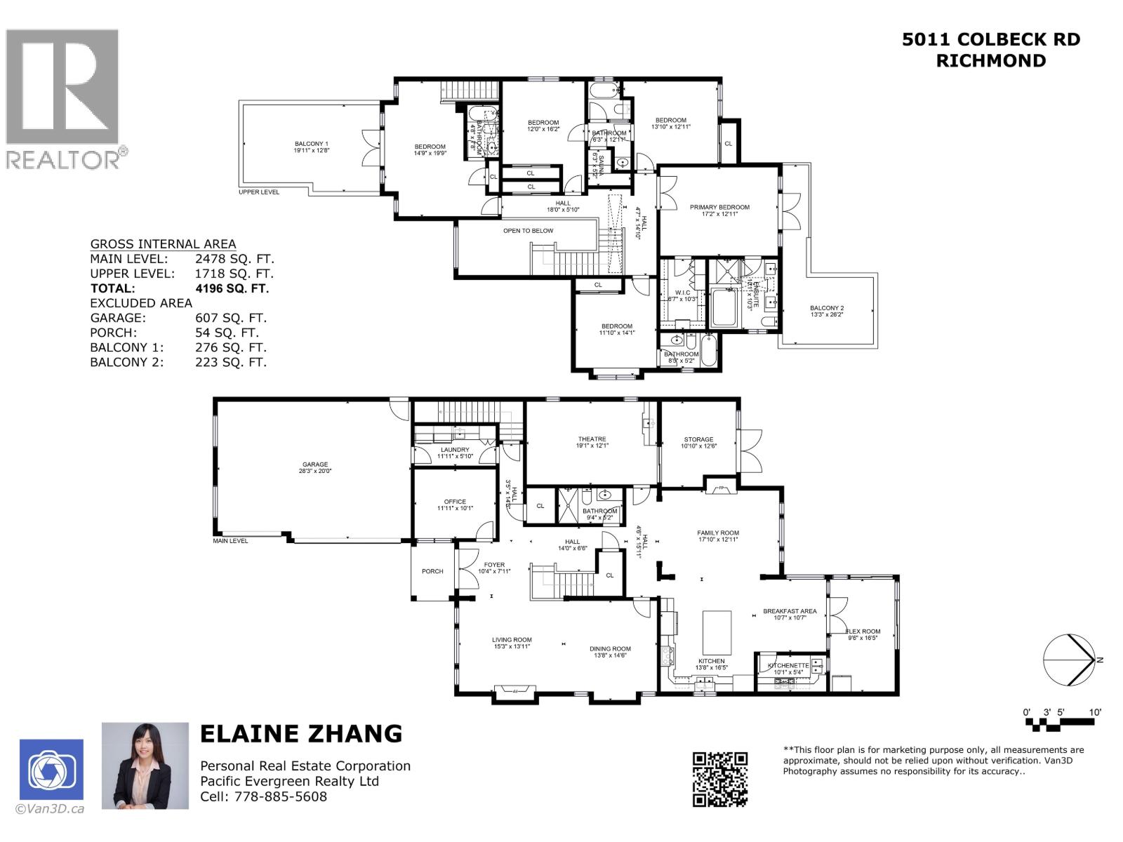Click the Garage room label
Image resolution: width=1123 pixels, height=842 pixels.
click(315, 465)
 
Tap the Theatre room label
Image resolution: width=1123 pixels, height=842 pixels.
click(592, 439)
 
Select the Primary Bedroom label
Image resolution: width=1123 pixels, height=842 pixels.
click(719, 207)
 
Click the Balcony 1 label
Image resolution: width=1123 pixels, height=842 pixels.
click(312, 144)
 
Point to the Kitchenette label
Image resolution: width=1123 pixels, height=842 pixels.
click(788, 665)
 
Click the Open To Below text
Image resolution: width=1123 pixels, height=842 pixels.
click(528, 231)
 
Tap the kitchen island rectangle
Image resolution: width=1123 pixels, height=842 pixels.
click(717, 633)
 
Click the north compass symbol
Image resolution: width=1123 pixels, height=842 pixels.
click(1068, 660)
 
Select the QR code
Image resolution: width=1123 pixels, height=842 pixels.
click(720, 779)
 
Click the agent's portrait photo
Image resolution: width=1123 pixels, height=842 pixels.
click(145, 766)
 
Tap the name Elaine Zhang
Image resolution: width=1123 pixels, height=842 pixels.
click(301, 734)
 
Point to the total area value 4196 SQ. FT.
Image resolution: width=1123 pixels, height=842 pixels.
click(232, 288)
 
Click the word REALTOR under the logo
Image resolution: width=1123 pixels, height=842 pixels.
click(63, 159)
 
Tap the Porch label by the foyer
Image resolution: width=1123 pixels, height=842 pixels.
click(432, 571)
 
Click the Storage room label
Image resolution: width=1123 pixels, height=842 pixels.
click(698, 439)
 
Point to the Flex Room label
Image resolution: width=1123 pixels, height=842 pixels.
click(863, 631)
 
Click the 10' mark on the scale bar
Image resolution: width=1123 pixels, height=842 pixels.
click(1095, 712)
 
